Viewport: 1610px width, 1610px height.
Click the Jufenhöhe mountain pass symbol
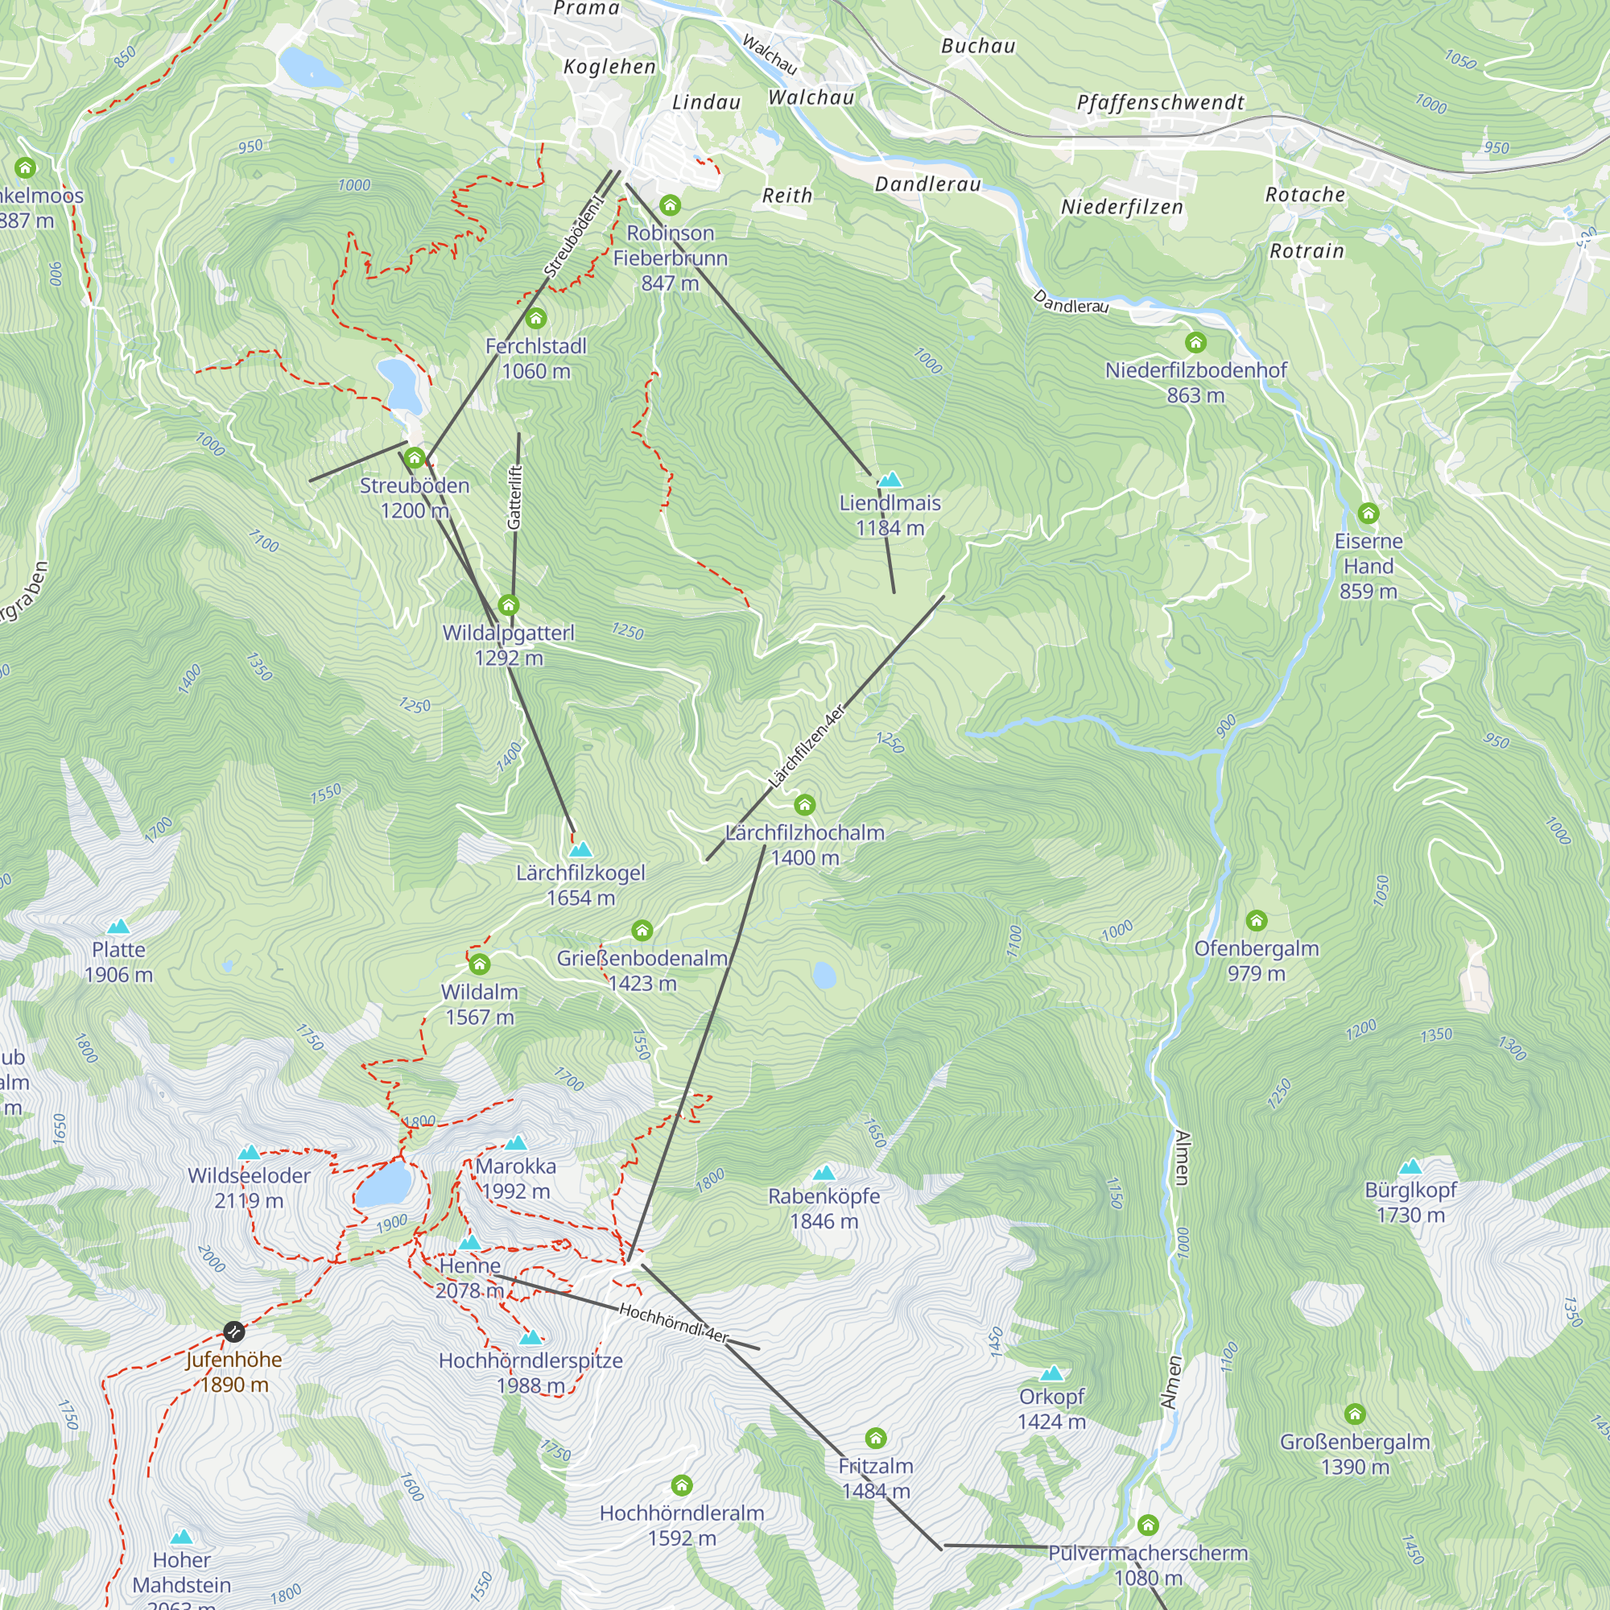click(x=234, y=1331)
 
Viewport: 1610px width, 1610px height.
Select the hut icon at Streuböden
click(x=414, y=457)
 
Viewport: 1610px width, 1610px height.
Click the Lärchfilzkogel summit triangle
click(x=581, y=850)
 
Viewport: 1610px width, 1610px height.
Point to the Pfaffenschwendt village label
click(x=1160, y=102)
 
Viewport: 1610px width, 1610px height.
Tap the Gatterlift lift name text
click(x=515, y=497)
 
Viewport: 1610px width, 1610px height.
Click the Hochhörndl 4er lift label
click(x=673, y=1323)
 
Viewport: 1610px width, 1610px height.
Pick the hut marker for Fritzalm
click(x=875, y=1438)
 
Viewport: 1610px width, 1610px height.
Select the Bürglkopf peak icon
click(x=1410, y=1166)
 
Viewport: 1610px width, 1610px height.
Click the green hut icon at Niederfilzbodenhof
click(x=1196, y=341)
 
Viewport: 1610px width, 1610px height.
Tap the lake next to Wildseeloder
click(x=384, y=1184)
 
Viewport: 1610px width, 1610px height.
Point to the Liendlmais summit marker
click(x=891, y=479)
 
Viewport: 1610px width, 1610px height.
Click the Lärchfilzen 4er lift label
click(x=806, y=748)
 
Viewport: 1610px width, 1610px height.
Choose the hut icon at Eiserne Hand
click(x=1368, y=513)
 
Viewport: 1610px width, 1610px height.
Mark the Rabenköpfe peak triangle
click(x=824, y=1174)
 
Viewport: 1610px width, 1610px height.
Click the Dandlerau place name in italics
click(x=927, y=184)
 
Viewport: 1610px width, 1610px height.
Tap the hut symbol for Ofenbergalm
click(x=1257, y=920)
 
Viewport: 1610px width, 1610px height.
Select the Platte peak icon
click(x=118, y=927)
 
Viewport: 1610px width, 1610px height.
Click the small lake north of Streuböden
click(x=400, y=385)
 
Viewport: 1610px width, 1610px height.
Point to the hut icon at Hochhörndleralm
click(x=682, y=1484)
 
